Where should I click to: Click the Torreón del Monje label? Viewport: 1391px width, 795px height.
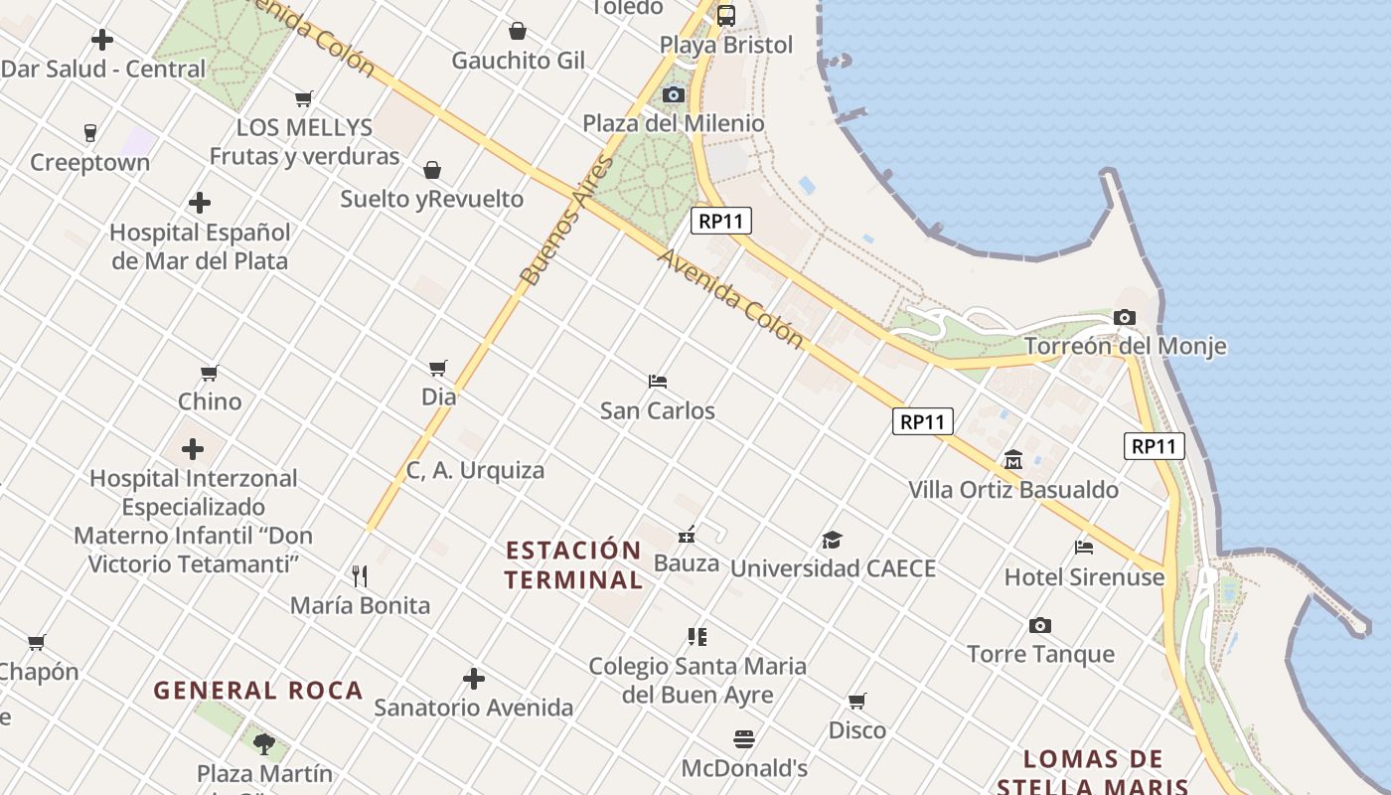tap(1125, 346)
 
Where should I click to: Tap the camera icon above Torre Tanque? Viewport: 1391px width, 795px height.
tap(1040, 625)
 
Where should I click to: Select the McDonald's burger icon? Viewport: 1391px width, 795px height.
tap(744, 738)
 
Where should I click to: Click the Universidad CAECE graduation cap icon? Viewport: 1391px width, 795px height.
tap(832, 540)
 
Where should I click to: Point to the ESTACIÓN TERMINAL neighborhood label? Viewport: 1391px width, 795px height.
tap(573, 564)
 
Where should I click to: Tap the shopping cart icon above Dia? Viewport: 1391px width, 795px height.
tap(438, 368)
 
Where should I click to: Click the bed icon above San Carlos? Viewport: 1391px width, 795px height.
tap(657, 381)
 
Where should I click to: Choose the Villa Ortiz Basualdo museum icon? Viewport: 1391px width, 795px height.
tap(1013, 459)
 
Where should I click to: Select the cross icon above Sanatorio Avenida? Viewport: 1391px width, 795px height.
tap(474, 679)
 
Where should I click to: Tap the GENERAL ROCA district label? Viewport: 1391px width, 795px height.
tap(258, 691)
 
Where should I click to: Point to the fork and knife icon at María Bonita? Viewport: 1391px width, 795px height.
tap(360, 575)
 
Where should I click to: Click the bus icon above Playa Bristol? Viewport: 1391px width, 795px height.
tap(726, 15)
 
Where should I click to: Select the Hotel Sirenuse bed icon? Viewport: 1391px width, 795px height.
tap(1084, 547)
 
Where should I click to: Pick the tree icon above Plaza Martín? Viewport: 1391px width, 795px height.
tap(264, 743)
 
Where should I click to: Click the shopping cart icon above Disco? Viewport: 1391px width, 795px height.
tap(857, 701)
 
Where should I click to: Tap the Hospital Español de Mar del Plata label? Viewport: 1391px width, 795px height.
tap(200, 246)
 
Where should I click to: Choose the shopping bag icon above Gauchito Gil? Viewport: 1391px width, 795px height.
tap(518, 31)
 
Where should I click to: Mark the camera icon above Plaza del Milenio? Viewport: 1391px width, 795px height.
tap(674, 94)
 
